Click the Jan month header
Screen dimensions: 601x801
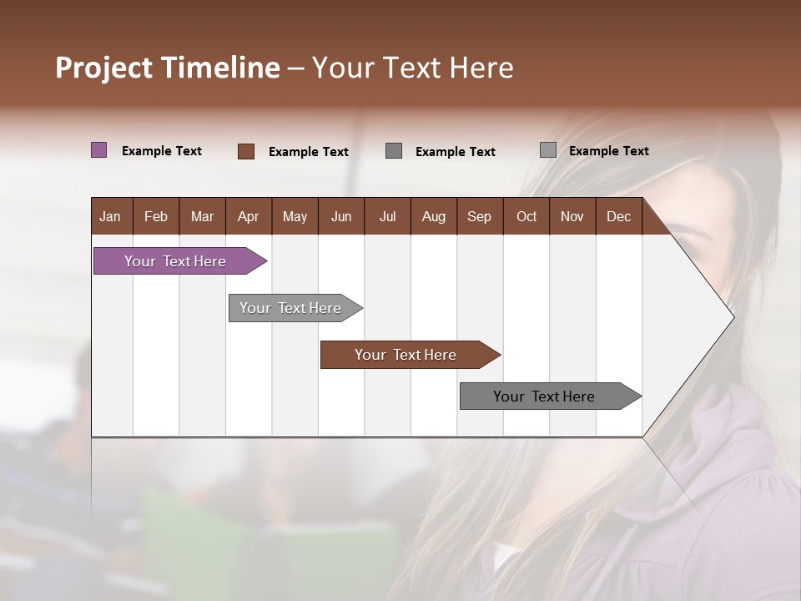(x=110, y=216)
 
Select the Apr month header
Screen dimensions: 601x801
(x=248, y=216)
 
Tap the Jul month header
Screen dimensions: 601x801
(x=387, y=216)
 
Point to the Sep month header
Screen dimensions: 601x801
(x=479, y=216)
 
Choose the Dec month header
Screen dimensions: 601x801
(x=618, y=216)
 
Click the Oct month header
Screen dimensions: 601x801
(x=526, y=216)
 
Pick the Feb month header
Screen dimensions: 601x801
(x=156, y=216)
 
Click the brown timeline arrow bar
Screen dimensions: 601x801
(x=406, y=355)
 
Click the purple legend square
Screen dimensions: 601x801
(x=99, y=150)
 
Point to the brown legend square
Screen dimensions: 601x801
(x=246, y=151)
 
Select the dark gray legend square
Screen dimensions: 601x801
(x=394, y=151)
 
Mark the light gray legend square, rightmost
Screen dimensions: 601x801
(x=548, y=150)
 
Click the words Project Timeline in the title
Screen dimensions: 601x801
(x=167, y=68)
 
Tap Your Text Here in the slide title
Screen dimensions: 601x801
(x=412, y=68)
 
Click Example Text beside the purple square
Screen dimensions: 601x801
(x=162, y=151)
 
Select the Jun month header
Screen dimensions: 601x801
(x=341, y=216)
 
